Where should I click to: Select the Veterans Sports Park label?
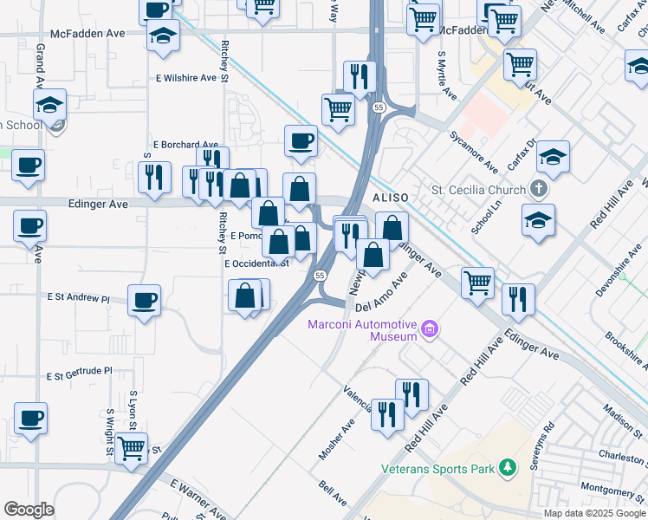(437, 470)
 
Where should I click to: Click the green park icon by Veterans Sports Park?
(507, 469)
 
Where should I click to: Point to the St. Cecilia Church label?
(478, 190)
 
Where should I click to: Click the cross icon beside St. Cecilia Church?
(539, 189)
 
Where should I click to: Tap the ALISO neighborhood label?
(390, 198)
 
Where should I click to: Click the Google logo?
(29, 510)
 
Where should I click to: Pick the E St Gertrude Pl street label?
(81, 374)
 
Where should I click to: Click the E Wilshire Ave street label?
(185, 78)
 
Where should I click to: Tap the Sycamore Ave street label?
(473, 152)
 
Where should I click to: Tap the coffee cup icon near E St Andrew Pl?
(144, 301)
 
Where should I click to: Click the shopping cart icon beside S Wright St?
(131, 448)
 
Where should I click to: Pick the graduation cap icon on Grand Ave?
(49, 106)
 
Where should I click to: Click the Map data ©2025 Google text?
(593, 513)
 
